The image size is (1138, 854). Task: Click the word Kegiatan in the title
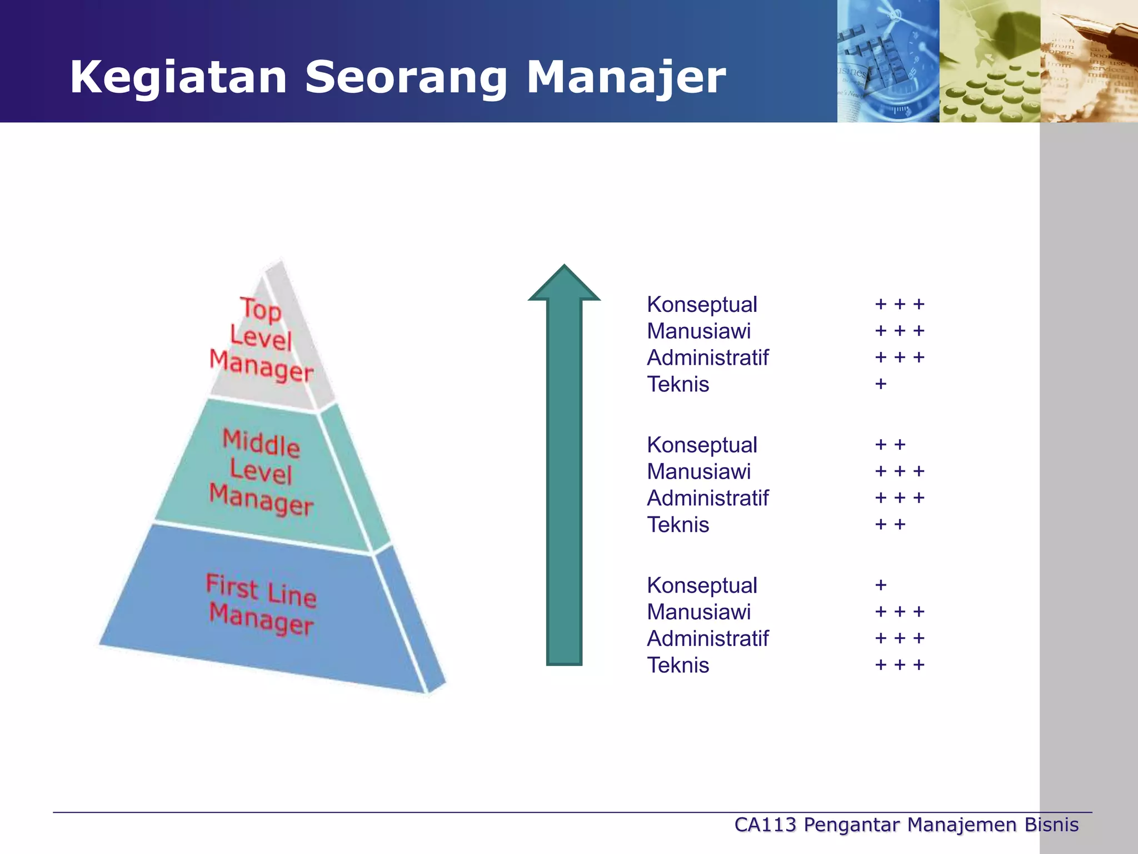[x=178, y=78]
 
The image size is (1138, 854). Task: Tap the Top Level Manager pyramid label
[x=261, y=339]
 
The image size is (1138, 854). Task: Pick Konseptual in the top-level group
[x=702, y=305]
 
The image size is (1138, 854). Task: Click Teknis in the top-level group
[x=678, y=385]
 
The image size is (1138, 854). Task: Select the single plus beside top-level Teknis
[x=880, y=384]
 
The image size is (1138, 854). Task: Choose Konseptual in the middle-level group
[x=702, y=445]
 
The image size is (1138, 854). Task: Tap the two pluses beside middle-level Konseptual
[x=890, y=445]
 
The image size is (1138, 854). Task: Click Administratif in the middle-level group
[x=707, y=499]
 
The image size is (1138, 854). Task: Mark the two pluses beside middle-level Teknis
[x=890, y=524]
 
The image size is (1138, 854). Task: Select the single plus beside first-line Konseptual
[x=880, y=585]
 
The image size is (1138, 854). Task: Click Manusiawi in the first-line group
[x=698, y=612]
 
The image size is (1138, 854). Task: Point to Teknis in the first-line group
[x=678, y=666]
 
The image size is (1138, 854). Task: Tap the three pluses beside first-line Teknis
[x=899, y=665]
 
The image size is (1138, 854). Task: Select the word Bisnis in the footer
[x=1051, y=825]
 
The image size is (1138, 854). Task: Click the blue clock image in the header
[x=888, y=61]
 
